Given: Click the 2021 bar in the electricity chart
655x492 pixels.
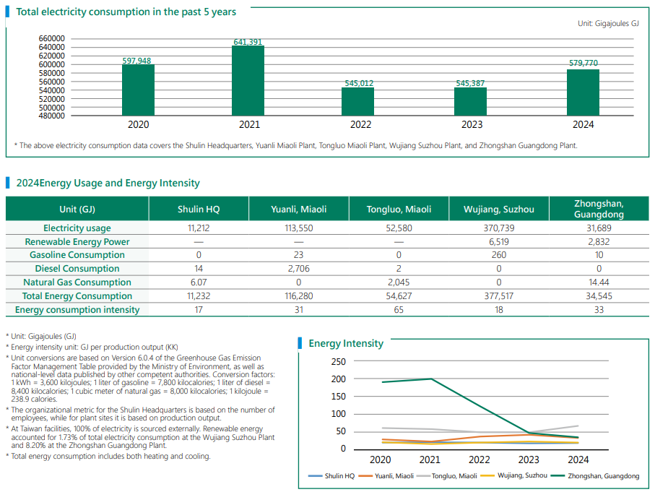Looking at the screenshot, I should [248, 80].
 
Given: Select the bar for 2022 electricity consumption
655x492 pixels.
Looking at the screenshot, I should [357, 101].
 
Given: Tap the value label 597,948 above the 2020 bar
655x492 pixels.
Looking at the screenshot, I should [137, 61].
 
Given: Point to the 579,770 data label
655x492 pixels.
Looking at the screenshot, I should [584, 64].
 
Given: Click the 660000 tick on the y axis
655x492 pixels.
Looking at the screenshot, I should [51, 38].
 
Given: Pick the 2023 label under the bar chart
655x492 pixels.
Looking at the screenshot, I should [472, 124].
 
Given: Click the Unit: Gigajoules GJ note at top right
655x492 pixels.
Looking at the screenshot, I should [608, 24].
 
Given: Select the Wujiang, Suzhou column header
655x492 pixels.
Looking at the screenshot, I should [499, 210].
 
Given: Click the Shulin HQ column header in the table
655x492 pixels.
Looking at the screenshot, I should [199, 210].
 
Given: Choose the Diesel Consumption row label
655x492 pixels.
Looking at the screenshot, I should [77, 269].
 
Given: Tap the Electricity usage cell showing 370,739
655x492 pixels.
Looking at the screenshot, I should [499, 228].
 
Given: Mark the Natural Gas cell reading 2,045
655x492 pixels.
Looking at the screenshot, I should [399, 282].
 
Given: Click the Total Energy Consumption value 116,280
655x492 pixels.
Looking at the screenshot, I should [298, 296].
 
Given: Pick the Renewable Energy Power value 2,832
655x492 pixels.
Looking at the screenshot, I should [599, 242].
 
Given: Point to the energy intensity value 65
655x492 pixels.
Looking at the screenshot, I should [399, 310].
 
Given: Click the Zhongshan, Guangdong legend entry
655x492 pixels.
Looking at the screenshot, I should [603, 476].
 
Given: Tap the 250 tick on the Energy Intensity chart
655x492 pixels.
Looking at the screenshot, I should [338, 361].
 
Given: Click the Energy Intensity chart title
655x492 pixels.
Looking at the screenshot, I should [346, 343].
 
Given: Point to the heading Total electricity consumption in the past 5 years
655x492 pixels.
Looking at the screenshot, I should [126, 12].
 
